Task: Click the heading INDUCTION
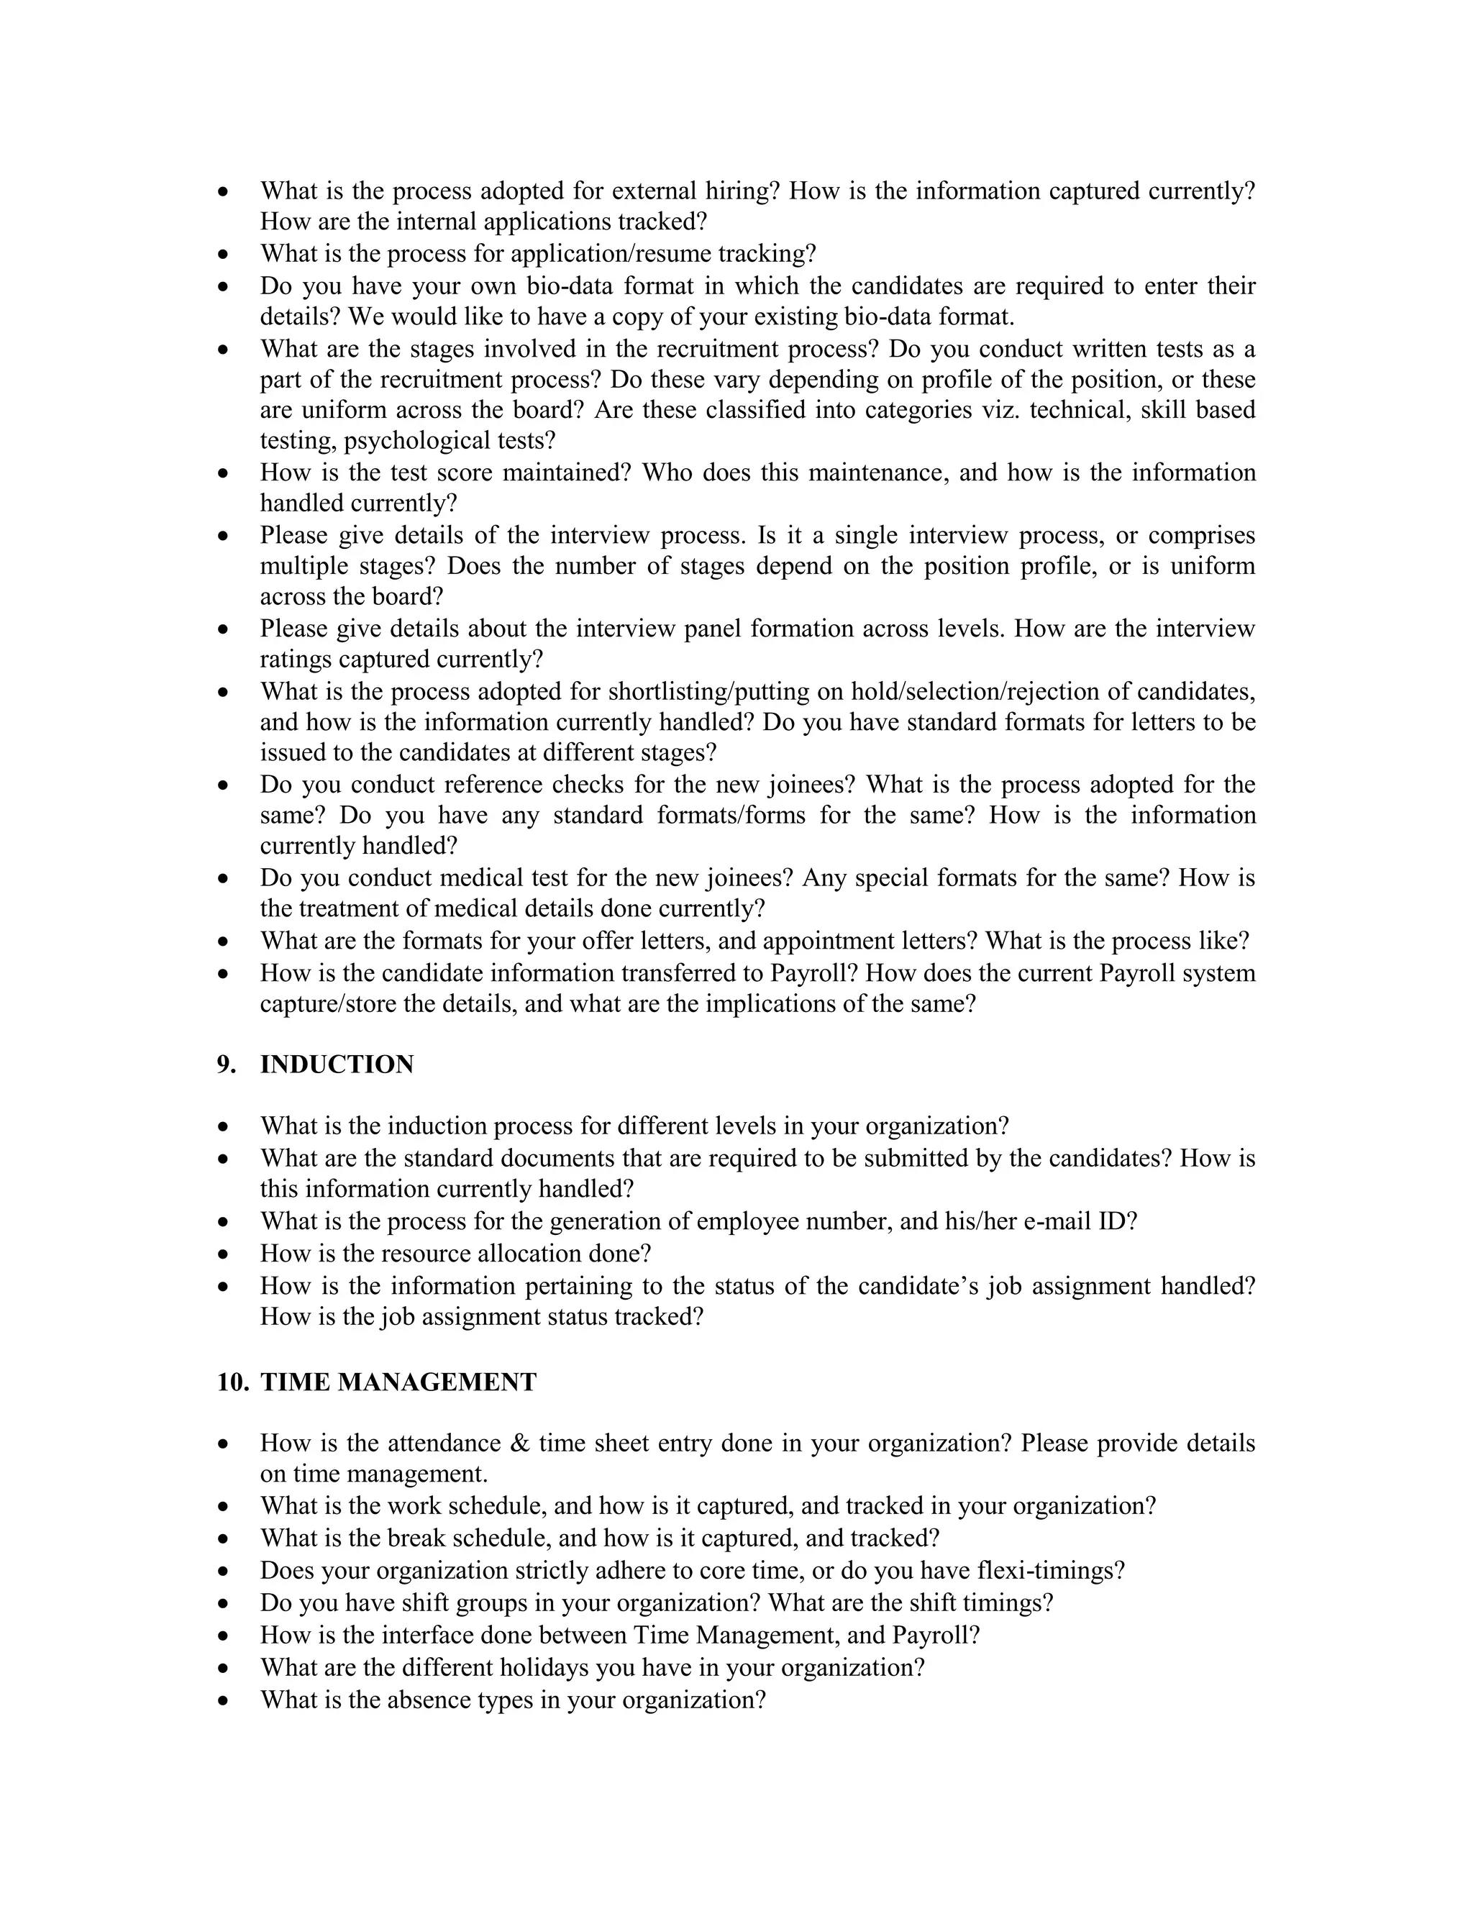tap(337, 1064)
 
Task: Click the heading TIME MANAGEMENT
tap(398, 1382)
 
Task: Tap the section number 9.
tap(226, 1064)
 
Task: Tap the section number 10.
tap(232, 1382)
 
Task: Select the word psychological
tap(417, 441)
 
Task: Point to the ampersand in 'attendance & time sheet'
tap(519, 1444)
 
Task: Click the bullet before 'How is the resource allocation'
tap(224, 1255)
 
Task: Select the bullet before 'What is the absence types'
tap(224, 1701)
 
